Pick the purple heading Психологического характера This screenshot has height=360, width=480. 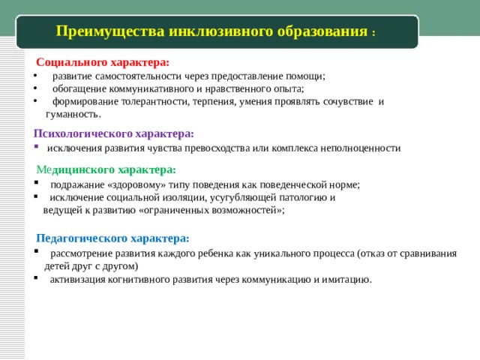pyautogui.click(x=113, y=133)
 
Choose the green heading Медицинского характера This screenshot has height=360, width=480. pyautogui.click(x=106, y=169)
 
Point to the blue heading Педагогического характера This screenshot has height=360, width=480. pyautogui.click(x=112, y=238)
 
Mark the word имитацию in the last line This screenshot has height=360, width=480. pyautogui.click(x=348, y=279)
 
